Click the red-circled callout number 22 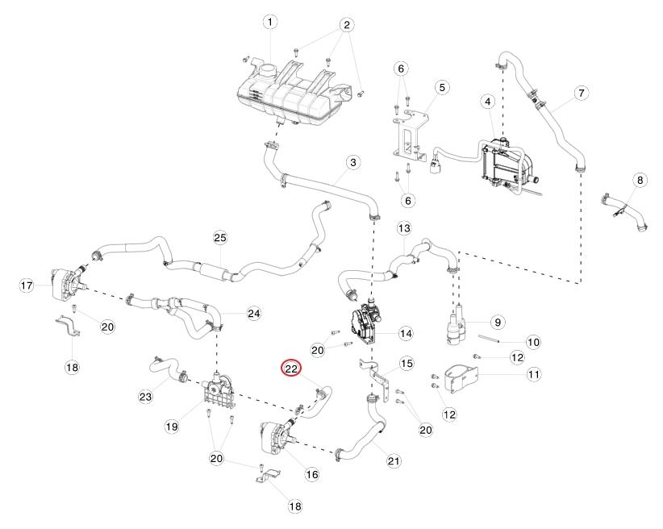pos(291,369)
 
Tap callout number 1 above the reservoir pos(270,22)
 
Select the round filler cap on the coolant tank pos(269,69)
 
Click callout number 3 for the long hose pos(353,162)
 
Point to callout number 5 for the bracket pos(442,88)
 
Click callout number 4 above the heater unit pos(488,102)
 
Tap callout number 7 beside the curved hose pos(582,93)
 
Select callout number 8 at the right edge pos(640,180)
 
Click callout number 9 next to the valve pos(498,323)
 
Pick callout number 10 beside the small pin pos(534,342)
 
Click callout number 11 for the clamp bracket pos(534,374)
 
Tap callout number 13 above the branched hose pos(404,229)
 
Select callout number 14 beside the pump pos(406,334)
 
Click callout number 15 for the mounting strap pos(407,363)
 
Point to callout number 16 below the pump pos(312,474)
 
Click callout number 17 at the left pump pos(27,285)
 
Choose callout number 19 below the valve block pos(172,427)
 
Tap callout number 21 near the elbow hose pos(394,460)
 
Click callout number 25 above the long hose pos(220,238)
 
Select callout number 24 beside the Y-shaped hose pos(254,314)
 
